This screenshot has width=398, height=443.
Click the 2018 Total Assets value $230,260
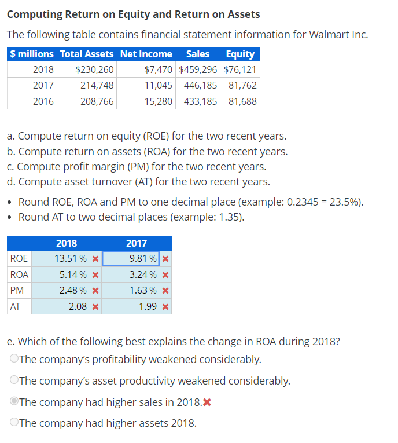point(94,69)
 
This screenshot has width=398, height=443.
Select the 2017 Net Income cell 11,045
point(158,85)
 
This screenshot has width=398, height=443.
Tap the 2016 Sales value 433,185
point(200,101)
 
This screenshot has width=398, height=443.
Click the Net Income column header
point(146,54)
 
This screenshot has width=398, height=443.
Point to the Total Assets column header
point(87,54)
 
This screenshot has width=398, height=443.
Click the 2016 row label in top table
point(43,101)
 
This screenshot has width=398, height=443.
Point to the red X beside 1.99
point(165,306)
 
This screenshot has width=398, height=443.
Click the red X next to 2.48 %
point(95,290)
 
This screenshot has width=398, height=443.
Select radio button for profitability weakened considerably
point(13,359)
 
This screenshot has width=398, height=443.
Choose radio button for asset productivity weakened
point(13,380)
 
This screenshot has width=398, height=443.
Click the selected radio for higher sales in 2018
point(13,402)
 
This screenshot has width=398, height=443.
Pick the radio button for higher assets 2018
point(13,423)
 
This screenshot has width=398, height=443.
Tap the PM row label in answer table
point(17,290)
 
